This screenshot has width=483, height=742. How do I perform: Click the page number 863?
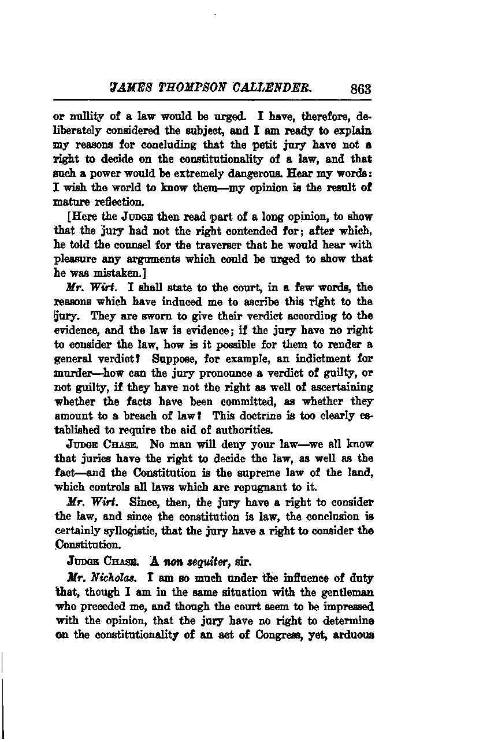click(x=359, y=90)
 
